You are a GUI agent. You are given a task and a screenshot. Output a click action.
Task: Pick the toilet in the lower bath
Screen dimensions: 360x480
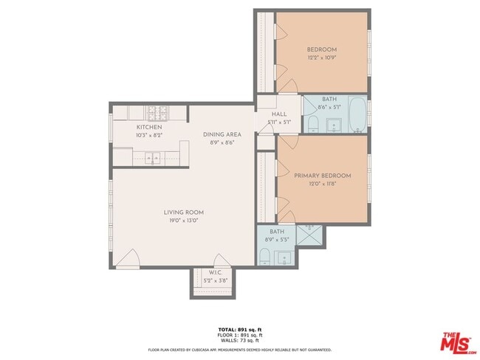pyautogui.click(x=265, y=257)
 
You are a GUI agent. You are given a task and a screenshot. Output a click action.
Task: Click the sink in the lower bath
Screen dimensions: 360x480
pyautogui.click(x=283, y=258)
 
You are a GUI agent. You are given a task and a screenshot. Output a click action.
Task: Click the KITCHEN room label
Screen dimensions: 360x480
pyautogui.click(x=148, y=128)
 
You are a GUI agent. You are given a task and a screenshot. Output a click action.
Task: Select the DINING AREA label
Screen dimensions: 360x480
pyautogui.click(x=222, y=134)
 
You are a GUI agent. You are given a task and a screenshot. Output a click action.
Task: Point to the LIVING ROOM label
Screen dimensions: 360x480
pyautogui.click(x=183, y=212)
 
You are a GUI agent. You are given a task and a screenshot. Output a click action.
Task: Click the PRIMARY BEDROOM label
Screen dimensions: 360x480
pyautogui.click(x=322, y=176)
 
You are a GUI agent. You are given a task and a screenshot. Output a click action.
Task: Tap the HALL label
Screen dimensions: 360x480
pyautogui.click(x=278, y=114)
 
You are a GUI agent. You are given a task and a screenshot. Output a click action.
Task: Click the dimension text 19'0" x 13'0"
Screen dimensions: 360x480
pyautogui.click(x=183, y=220)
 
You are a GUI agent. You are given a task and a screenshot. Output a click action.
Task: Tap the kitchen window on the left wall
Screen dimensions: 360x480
pyautogui.click(x=112, y=132)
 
